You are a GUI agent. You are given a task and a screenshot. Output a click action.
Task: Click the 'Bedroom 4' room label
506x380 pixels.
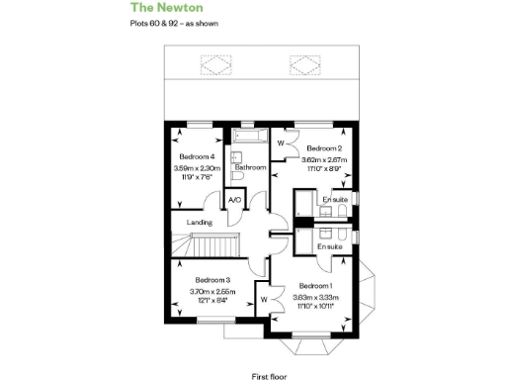pyautogui.click(x=196, y=157)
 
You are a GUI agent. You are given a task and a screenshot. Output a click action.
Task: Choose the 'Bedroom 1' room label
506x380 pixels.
pyautogui.click(x=318, y=284)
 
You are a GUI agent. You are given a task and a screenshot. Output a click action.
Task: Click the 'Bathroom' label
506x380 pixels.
pyautogui.click(x=250, y=168)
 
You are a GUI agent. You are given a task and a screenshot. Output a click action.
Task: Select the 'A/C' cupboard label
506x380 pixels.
pyautogui.click(x=234, y=201)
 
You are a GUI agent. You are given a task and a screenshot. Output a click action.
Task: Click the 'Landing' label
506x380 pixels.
pyautogui.click(x=199, y=223)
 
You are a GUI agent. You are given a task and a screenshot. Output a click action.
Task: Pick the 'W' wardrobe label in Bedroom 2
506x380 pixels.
pyautogui.click(x=281, y=144)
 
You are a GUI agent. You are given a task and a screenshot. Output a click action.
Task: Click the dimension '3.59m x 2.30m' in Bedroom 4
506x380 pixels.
pyautogui.click(x=196, y=168)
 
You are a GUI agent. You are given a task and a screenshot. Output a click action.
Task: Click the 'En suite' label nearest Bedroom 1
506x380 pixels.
pyautogui.click(x=330, y=243)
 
